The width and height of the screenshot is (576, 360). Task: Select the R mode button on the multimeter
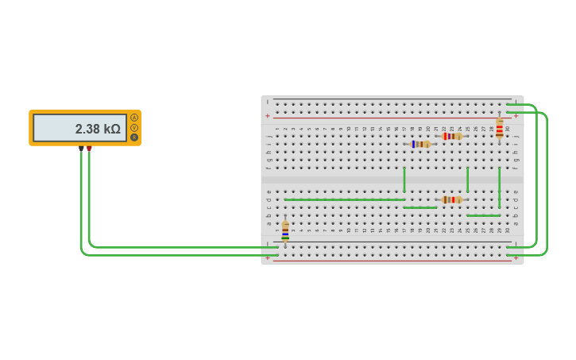pyautogui.click(x=134, y=137)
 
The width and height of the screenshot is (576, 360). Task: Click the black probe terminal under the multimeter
pyautogui.click(x=81, y=149)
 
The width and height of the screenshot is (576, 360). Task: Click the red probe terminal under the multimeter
pyautogui.click(x=89, y=149)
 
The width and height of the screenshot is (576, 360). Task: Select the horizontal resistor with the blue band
pyautogui.click(x=420, y=144)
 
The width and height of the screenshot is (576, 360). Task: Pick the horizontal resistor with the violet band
pyautogui.click(x=452, y=136)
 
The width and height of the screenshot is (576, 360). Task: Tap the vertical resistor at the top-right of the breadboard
pyautogui.click(x=500, y=128)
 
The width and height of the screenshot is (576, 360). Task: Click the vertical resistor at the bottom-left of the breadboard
pyautogui.click(x=285, y=231)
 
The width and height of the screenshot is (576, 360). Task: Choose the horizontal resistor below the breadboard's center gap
pyautogui.click(x=452, y=199)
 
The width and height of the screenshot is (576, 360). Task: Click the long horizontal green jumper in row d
pyautogui.click(x=344, y=199)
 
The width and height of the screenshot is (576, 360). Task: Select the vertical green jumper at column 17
pyautogui.click(x=404, y=180)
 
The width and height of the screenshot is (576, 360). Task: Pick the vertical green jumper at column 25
pyautogui.click(x=468, y=180)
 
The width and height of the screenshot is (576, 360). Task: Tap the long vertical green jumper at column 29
pyautogui.click(x=500, y=188)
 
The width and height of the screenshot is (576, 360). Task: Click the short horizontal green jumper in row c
pyautogui.click(x=419, y=207)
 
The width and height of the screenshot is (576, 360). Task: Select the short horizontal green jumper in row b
pyautogui.click(x=483, y=215)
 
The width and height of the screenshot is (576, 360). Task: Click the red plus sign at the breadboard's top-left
pyautogui.click(x=268, y=116)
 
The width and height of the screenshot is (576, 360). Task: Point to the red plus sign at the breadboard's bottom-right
pyautogui.click(x=516, y=257)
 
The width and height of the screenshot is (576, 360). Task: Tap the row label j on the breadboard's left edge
pyautogui.click(x=269, y=136)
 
